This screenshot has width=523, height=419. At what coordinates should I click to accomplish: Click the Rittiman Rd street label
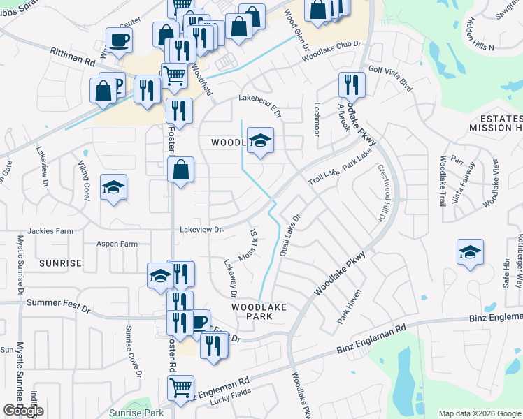(x=73, y=56)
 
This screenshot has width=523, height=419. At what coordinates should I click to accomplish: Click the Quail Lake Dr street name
(x=289, y=235)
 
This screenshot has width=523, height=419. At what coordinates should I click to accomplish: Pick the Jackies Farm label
(x=50, y=231)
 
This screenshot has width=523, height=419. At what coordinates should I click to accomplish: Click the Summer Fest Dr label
(x=59, y=305)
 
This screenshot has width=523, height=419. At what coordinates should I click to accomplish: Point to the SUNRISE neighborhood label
(x=61, y=263)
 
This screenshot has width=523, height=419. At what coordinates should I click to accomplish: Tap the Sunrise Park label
(x=136, y=413)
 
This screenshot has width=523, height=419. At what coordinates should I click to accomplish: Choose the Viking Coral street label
(x=83, y=178)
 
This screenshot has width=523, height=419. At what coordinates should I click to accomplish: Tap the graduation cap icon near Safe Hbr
(x=470, y=253)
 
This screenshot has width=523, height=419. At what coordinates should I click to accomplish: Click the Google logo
(x=23, y=411)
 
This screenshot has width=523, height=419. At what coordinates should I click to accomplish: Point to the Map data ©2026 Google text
(x=480, y=413)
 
